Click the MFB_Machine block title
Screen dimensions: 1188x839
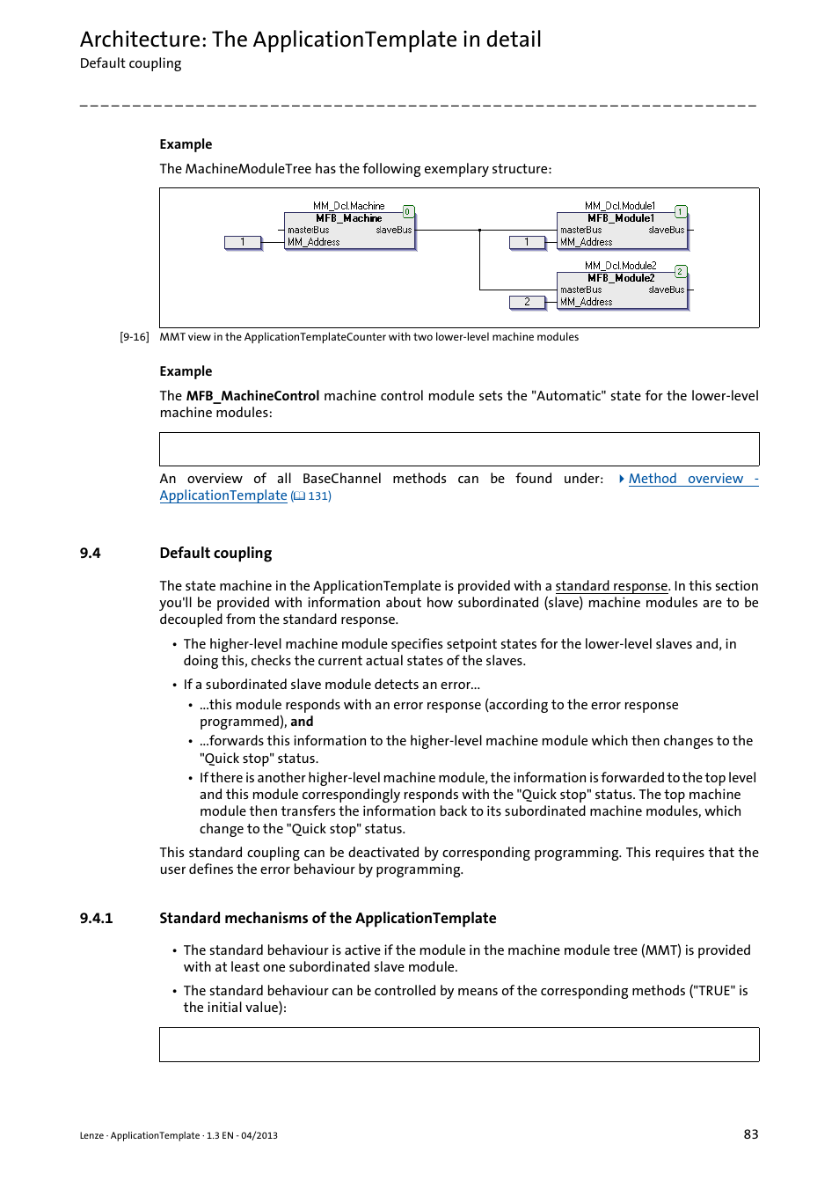pos(349,218)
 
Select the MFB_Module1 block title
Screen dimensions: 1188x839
pos(621,218)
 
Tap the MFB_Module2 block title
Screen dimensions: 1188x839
pos(621,278)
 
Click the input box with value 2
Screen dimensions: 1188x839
pos(527,302)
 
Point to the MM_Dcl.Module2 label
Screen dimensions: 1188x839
pos(620,266)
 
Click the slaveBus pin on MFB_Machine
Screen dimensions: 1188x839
pos(394,231)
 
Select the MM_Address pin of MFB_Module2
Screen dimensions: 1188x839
pos(587,302)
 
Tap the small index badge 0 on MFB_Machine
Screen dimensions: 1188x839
pos(408,211)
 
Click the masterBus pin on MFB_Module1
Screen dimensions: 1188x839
pos(581,231)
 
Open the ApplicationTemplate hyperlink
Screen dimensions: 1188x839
pos(223,495)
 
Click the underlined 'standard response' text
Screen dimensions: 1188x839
pos(611,586)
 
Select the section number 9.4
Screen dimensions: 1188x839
pos(90,553)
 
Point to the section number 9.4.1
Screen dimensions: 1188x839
pos(96,918)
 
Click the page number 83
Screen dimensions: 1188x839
pos(750,1134)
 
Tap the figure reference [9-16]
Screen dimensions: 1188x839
pos(135,337)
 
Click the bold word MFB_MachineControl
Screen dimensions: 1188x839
pos(252,396)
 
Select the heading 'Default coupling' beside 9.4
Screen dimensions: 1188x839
pos(215,553)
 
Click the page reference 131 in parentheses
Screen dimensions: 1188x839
pos(317,496)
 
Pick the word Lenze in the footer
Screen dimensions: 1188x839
pos(91,1135)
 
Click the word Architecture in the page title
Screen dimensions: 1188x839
pos(142,40)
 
